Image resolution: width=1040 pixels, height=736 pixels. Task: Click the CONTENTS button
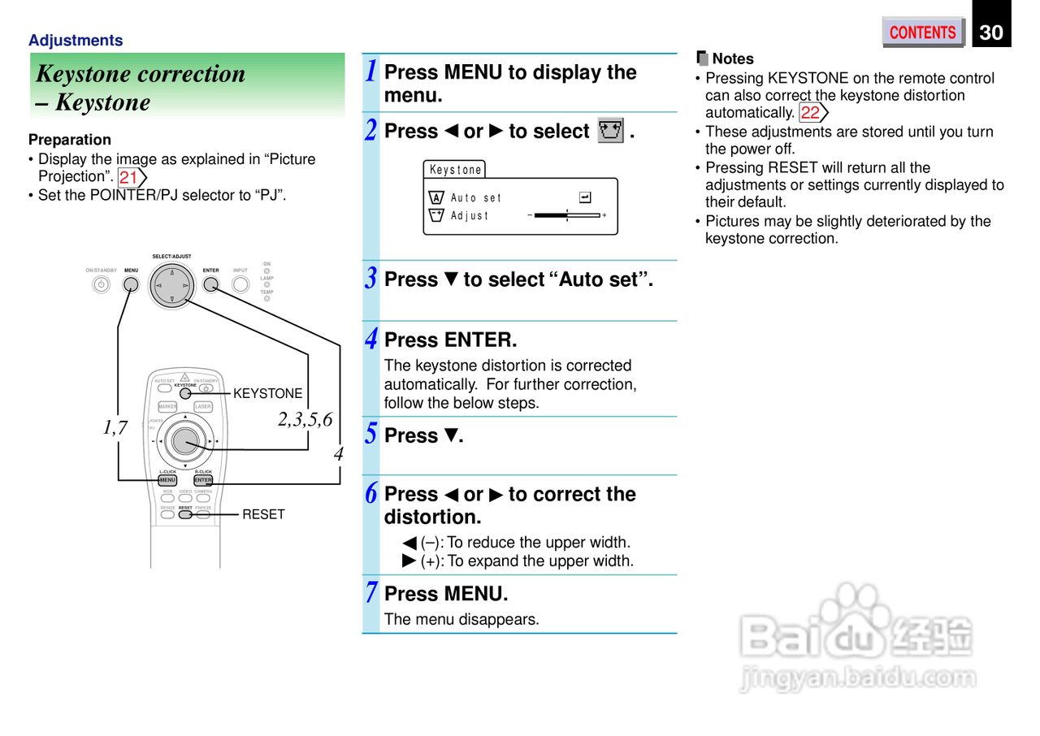(x=922, y=32)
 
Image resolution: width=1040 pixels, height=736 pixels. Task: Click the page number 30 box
(x=990, y=32)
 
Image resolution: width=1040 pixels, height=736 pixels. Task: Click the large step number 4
(x=371, y=339)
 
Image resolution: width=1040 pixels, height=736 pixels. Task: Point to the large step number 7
(x=371, y=593)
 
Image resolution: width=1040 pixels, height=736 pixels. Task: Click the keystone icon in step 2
(x=610, y=131)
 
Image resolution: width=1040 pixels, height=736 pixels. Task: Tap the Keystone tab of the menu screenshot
(x=455, y=170)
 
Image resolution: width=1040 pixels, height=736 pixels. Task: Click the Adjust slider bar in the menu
(x=567, y=215)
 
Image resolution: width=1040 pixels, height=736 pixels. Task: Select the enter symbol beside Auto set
(x=585, y=197)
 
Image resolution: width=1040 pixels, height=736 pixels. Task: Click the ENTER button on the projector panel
(x=211, y=284)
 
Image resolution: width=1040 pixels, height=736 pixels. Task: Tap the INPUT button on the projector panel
(x=240, y=284)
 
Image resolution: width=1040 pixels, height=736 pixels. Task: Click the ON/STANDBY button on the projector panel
(x=101, y=284)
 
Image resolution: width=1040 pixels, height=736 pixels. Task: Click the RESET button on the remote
(x=185, y=514)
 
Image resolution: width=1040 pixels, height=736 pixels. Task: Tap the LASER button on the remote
(x=203, y=407)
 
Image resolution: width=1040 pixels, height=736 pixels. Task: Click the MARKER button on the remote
(x=168, y=407)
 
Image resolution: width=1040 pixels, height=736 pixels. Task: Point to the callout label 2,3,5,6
(x=305, y=420)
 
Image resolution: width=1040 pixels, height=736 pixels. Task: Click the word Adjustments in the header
(x=76, y=41)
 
